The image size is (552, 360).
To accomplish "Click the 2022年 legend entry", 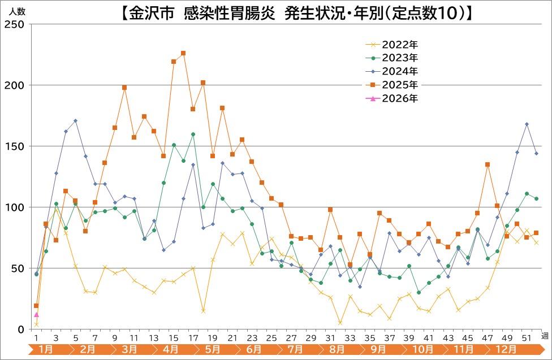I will pyautogui.click(x=399, y=44).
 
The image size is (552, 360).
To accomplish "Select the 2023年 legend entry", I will pyautogui.click(x=399, y=58).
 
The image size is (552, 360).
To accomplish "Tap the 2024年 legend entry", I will pyautogui.click(x=399, y=71).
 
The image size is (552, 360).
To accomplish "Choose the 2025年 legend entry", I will pyautogui.click(x=399, y=85).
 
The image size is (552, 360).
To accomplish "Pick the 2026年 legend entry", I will pyautogui.click(x=399, y=98).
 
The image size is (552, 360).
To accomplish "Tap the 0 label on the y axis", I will pyautogui.click(x=21, y=329).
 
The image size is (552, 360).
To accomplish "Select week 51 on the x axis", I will pyautogui.click(x=527, y=337).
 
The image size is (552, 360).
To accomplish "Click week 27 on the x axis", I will pyautogui.click(x=291, y=337).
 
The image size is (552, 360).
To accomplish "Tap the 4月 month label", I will pyautogui.click(x=171, y=349).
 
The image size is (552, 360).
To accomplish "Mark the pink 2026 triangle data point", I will pyautogui.click(x=36, y=315).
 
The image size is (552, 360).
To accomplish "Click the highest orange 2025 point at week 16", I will pyautogui.click(x=183, y=53).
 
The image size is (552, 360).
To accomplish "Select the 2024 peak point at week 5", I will pyautogui.click(x=75, y=120).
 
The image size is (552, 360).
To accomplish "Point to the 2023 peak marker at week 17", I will pyautogui.click(x=193, y=134).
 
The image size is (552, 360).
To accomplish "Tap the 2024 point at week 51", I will pyautogui.click(x=527, y=124).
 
